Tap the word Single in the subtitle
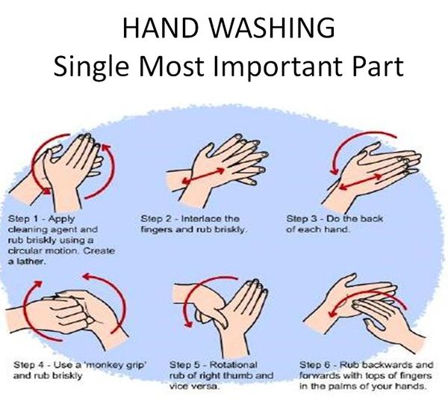point(91,67)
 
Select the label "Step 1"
point(23,219)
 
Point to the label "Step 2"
point(156,219)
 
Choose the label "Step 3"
point(302,219)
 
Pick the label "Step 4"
point(28,365)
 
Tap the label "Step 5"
point(184,365)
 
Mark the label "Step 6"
point(315,365)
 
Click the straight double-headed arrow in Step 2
point(203,176)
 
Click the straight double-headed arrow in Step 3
point(361,182)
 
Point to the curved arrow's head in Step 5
point(187,322)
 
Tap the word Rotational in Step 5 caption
point(234,365)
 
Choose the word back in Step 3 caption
point(371,219)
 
